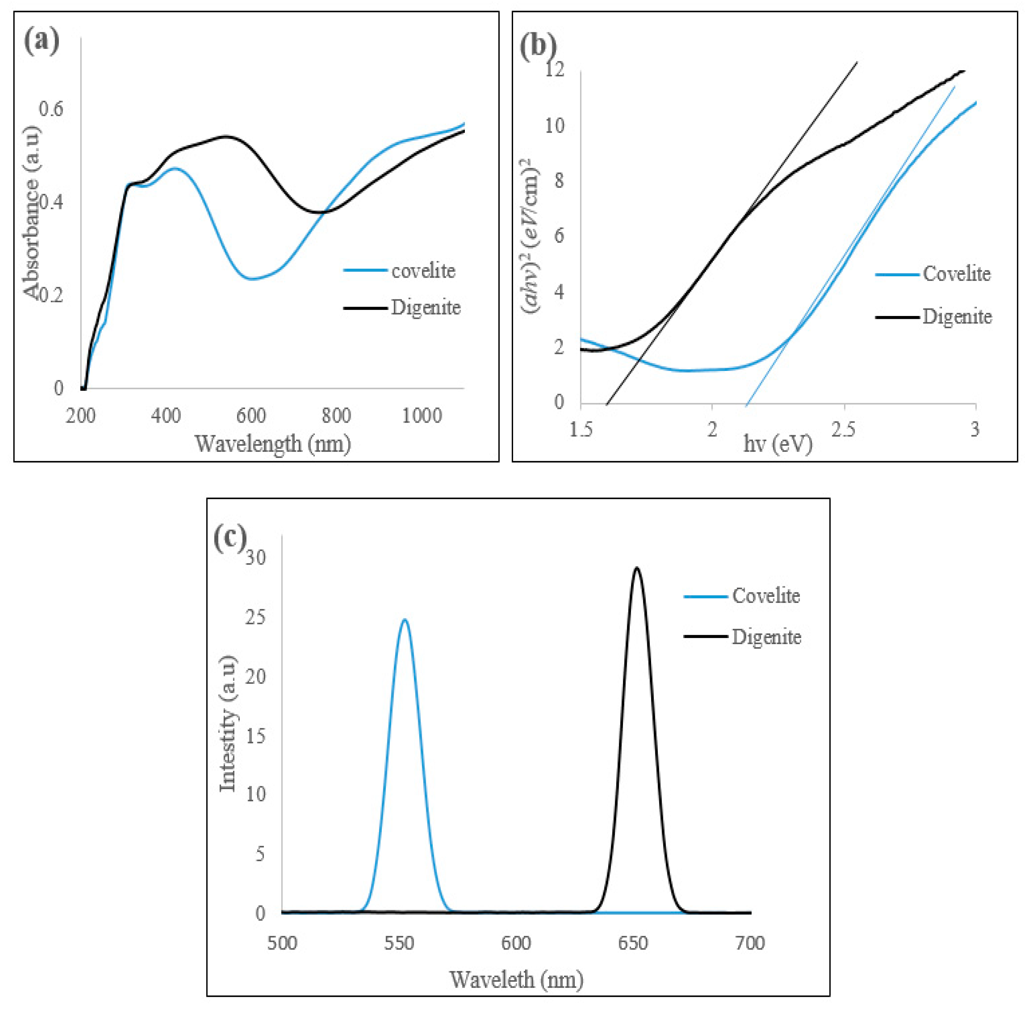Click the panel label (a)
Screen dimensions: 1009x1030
click(41, 41)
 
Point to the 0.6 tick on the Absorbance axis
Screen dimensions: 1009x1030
click(51, 109)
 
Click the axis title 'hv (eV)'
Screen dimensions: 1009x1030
click(777, 443)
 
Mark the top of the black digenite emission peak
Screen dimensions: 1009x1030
click(637, 567)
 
